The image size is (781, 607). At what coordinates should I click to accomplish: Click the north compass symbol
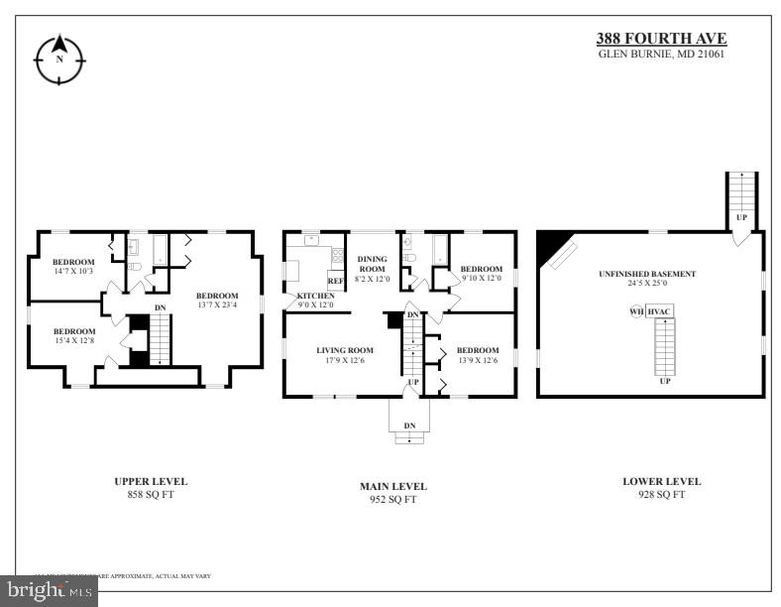click(x=58, y=60)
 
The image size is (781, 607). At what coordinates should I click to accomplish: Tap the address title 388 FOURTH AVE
click(x=660, y=39)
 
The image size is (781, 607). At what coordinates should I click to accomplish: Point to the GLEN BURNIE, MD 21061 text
click(x=661, y=54)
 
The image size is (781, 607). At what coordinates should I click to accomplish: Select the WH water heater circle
click(x=636, y=311)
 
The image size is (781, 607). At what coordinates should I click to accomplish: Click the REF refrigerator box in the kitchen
click(x=335, y=281)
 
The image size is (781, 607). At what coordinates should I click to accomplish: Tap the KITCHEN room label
click(x=316, y=297)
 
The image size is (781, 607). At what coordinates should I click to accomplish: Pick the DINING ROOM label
click(x=372, y=263)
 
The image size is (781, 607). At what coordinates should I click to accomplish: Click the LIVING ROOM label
click(x=345, y=350)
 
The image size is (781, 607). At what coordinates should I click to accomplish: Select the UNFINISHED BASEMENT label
click(x=647, y=274)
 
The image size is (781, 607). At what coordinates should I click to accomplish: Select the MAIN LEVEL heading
click(x=393, y=486)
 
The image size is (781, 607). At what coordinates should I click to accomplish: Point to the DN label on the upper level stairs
click(x=160, y=307)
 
